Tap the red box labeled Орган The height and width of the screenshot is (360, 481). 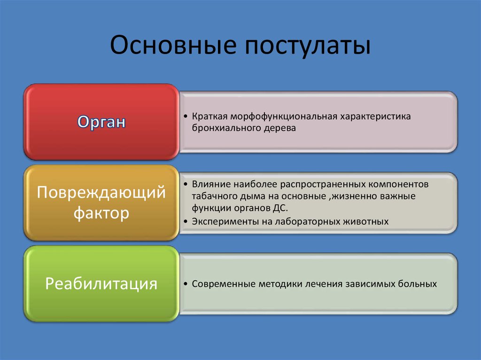click(101, 122)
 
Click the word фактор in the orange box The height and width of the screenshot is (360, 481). click(101, 214)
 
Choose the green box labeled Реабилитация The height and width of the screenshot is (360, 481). click(101, 284)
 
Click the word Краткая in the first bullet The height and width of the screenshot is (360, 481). click(209, 116)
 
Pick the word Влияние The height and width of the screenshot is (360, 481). click(209, 184)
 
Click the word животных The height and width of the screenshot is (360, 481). click(368, 221)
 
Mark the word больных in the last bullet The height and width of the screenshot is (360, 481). click(418, 284)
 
